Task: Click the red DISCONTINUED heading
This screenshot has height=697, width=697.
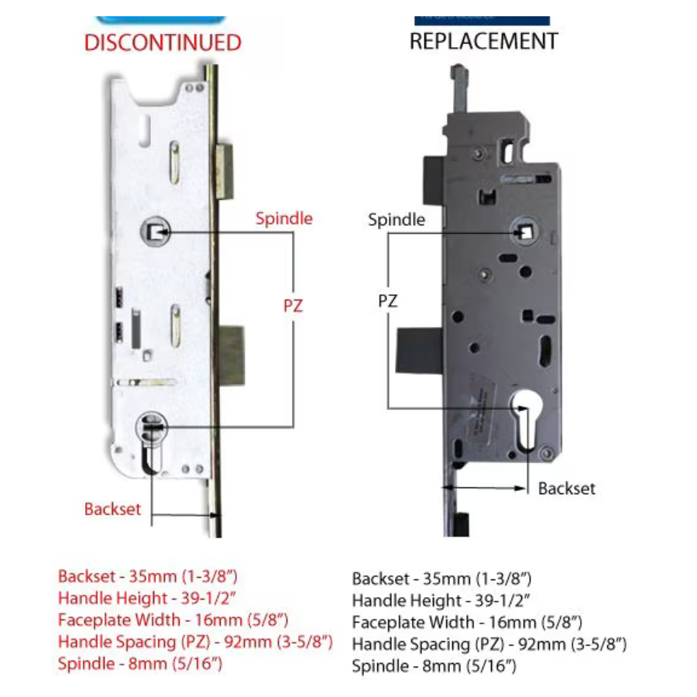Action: pyautogui.click(x=163, y=43)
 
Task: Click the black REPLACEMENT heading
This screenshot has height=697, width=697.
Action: pyautogui.click(x=483, y=41)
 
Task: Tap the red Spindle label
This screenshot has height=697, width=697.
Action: pyautogui.click(x=284, y=218)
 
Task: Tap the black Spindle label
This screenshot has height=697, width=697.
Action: pyautogui.click(x=397, y=220)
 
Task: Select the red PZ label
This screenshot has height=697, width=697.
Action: pyautogui.click(x=292, y=306)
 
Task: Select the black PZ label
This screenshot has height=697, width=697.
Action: pyautogui.click(x=388, y=301)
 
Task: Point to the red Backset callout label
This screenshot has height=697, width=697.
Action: pyautogui.click(x=113, y=509)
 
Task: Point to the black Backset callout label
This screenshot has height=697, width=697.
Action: pyautogui.click(x=567, y=489)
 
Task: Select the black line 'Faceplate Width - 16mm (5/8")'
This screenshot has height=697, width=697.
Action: pyautogui.click(x=466, y=622)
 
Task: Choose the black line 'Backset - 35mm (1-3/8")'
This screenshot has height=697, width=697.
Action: pyautogui.click(x=441, y=579)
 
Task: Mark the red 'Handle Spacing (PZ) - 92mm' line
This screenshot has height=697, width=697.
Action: pyautogui.click(x=195, y=641)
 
